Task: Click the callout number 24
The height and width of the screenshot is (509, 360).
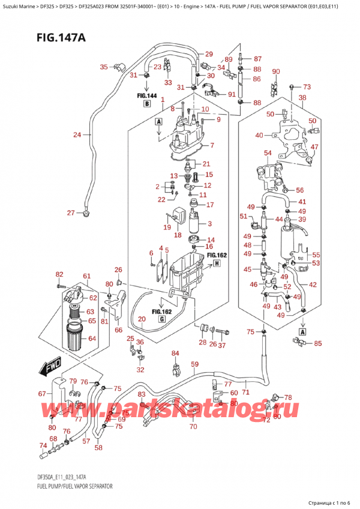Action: tap(77, 134)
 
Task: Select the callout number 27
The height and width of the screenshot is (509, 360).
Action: tap(71, 212)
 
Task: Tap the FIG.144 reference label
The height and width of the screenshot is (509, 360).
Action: tap(146, 95)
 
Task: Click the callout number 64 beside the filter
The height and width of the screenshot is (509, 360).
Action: tap(91, 339)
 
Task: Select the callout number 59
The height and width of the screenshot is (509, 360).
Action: tap(194, 364)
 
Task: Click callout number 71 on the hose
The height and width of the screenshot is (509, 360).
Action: tap(245, 392)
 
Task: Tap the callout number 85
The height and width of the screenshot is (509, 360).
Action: tap(317, 344)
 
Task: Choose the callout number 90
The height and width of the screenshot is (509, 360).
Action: tap(276, 72)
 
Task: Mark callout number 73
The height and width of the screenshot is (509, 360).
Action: tap(307, 86)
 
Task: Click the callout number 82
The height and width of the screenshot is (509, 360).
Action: tap(59, 274)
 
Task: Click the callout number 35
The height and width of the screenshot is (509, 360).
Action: tap(104, 67)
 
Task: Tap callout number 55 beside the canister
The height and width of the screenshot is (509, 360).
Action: tap(316, 254)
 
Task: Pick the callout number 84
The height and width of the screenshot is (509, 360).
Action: tap(175, 353)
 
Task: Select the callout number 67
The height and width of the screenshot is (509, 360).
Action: tap(42, 394)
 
